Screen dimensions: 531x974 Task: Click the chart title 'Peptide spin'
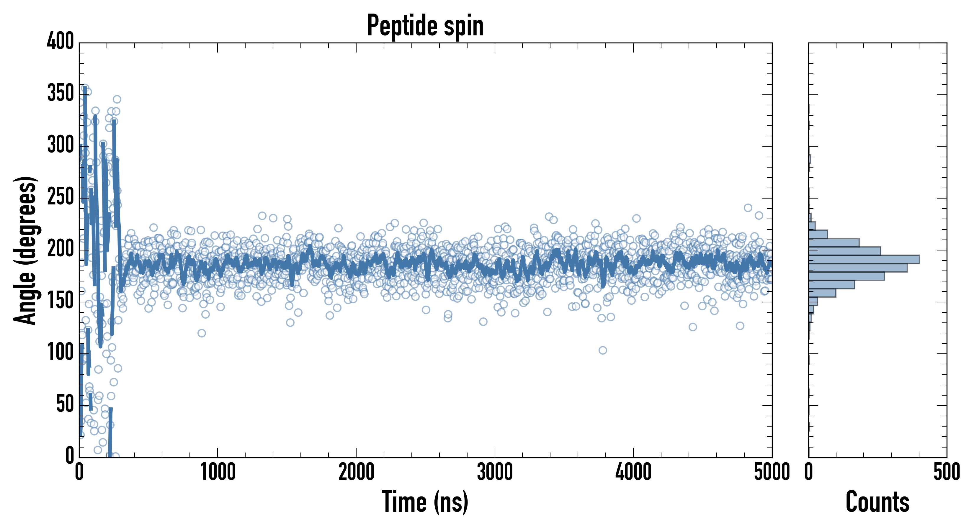coord(425,26)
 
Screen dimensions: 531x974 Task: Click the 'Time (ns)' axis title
coord(425,502)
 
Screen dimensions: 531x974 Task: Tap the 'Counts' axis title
coord(877,502)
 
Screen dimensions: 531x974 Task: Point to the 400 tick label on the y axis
coord(60,41)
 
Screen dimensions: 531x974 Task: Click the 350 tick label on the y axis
coord(60,93)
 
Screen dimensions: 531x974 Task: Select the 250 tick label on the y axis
coord(60,197)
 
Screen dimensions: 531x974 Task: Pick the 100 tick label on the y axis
coord(60,353)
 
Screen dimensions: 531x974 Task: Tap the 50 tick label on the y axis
coord(65,404)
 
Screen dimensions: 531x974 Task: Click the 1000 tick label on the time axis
coord(218,472)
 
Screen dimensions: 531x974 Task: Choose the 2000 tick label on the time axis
coord(356,472)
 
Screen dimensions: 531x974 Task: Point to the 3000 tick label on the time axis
coord(495,472)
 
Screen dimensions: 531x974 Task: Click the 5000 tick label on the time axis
coord(771,472)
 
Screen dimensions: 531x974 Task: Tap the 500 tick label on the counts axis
coord(946,472)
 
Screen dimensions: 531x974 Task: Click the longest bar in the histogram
coord(864,259)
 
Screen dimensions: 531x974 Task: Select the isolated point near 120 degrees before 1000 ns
coord(202,333)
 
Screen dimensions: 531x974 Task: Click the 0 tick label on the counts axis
coord(808,472)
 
